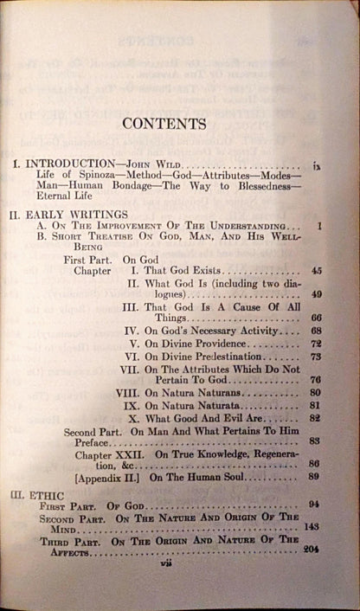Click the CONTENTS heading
164,123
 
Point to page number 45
317,271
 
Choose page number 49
317,295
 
